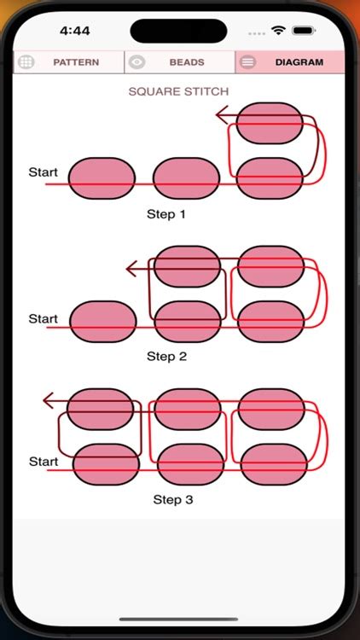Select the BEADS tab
[x=180, y=62]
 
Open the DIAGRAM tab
[x=290, y=62]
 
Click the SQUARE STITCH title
[x=178, y=91]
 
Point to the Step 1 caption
[x=166, y=214]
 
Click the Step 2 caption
[x=166, y=356]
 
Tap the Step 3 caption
[x=172, y=499]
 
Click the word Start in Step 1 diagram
[x=43, y=172]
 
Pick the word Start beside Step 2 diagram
[x=43, y=318]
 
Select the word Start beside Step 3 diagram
[x=43, y=461]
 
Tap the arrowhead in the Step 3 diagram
[x=49, y=400]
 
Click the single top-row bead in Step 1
[x=269, y=123]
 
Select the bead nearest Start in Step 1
[x=101, y=178]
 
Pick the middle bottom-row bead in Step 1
[x=186, y=178]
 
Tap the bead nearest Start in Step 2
[x=102, y=321]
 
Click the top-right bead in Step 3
[x=271, y=409]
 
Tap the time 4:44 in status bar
[x=75, y=30]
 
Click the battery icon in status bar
[x=304, y=30]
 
